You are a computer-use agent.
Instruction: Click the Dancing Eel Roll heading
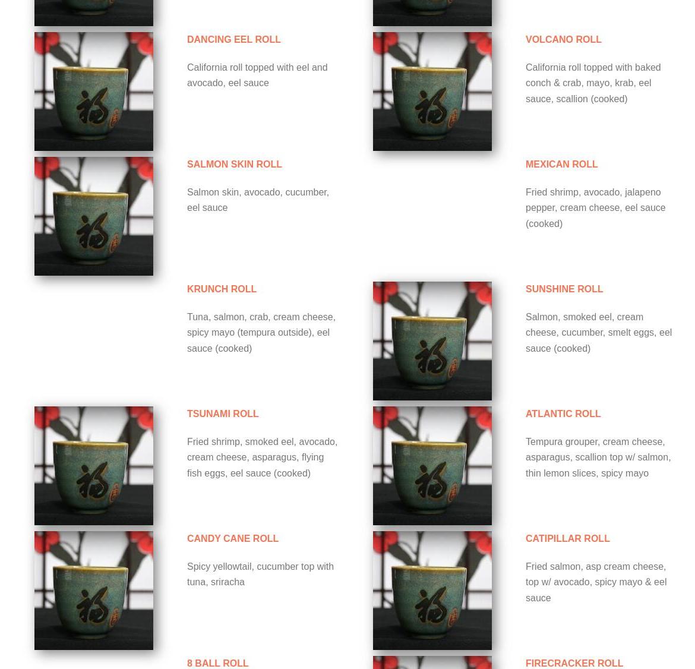tap(233, 39)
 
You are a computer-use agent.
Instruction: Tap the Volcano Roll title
tap(563, 39)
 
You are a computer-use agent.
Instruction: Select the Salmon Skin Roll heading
tap(235, 164)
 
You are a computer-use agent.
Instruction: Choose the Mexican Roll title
tap(561, 164)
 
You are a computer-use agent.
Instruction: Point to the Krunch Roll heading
tap(222, 289)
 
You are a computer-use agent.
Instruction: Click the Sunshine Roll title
tap(564, 289)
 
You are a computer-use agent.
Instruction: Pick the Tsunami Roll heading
tap(223, 414)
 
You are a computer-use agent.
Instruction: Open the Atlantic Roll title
tap(563, 414)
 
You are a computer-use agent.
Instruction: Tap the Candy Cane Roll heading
tap(233, 539)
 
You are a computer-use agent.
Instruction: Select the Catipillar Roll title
tap(568, 539)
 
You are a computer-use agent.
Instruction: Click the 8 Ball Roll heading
tap(217, 663)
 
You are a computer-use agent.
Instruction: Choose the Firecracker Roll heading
tap(574, 663)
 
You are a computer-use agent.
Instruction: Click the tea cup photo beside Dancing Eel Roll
tap(94, 91)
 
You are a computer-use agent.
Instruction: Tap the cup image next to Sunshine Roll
tap(432, 341)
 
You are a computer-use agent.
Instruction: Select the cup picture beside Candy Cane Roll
tap(94, 591)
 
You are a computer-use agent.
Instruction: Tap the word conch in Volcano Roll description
tap(537, 83)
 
